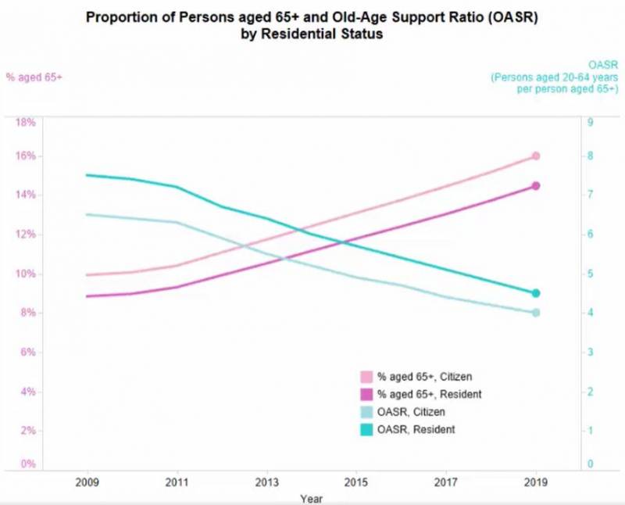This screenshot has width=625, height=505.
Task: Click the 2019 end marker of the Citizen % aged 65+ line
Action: [x=536, y=156]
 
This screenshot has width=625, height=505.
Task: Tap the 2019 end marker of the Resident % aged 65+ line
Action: [x=536, y=186]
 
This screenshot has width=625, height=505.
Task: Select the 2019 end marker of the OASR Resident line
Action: [x=536, y=293]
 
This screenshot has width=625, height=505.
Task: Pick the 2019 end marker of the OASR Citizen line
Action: [x=536, y=313]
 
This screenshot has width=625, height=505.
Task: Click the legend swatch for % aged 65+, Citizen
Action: [x=365, y=378]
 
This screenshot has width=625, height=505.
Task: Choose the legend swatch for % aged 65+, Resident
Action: [x=365, y=395]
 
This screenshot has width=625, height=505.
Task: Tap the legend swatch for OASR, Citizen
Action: [x=365, y=412]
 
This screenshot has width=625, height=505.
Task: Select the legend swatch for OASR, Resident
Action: [x=365, y=429]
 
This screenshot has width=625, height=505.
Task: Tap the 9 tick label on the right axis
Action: [x=591, y=123]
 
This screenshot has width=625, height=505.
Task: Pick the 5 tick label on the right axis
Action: [x=591, y=274]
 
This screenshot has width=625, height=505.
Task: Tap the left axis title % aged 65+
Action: [x=34, y=77]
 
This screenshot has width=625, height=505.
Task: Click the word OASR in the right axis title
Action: [x=602, y=66]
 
